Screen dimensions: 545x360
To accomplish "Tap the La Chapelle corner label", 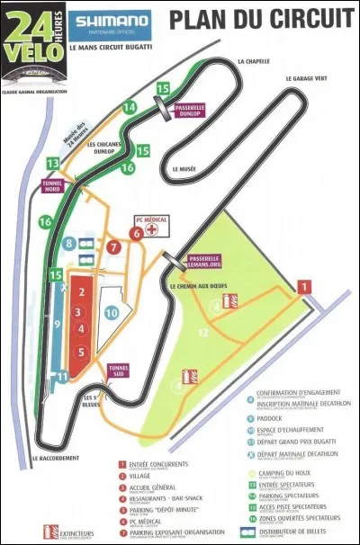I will click(253, 61).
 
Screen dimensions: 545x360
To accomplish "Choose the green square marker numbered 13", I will click(54, 163).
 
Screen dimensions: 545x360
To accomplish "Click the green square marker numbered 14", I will click(130, 107).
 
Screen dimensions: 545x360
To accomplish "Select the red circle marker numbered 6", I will click(136, 234).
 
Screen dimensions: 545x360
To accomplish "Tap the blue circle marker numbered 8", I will click(69, 244).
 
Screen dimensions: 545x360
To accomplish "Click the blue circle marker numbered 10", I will click(112, 313).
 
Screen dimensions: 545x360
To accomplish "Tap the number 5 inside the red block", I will click(80, 352).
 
